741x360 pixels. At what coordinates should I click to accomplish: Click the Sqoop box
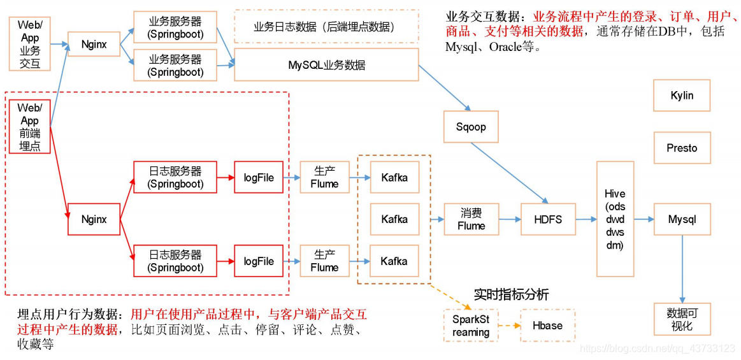click(x=471, y=127)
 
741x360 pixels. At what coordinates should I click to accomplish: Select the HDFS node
click(x=548, y=219)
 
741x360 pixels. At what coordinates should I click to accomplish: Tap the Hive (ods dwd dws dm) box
click(x=615, y=219)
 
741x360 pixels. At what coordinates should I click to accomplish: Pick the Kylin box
click(x=682, y=96)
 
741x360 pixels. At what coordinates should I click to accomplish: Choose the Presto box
click(x=682, y=148)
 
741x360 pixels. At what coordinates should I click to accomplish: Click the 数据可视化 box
click(x=682, y=319)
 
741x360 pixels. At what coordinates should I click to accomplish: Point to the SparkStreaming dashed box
click(x=471, y=326)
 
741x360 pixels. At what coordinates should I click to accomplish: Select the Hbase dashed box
click(x=548, y=326)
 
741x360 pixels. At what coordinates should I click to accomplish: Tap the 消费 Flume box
click(x=471, y=219)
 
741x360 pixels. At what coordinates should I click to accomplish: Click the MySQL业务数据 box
click(x=326, y=65)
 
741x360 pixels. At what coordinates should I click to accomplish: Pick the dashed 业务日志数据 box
click(x=326, y=27)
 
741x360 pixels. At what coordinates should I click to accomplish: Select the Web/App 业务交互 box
click(x=29, y=44)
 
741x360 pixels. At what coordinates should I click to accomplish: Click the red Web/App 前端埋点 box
click(x=29, y=127)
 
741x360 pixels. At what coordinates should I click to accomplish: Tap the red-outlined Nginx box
click(x=94, y=219)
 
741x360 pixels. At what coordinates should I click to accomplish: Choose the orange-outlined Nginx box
click(x=94, y=44)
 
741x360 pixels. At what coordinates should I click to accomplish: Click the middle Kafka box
click(x=394, y=219)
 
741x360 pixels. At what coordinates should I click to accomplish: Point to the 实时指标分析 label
click(x=511, y=294)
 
